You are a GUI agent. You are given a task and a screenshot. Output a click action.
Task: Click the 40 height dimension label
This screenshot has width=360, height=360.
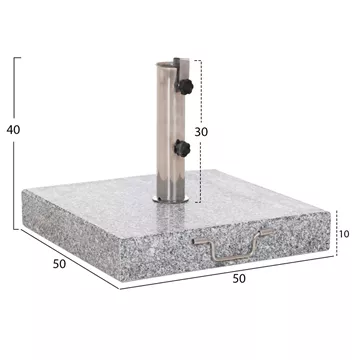[13, 130]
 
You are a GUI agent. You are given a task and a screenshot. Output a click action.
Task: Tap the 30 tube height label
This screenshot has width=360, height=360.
[201, 132]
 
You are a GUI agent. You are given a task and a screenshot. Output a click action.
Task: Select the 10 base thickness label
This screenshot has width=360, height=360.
[344, 234]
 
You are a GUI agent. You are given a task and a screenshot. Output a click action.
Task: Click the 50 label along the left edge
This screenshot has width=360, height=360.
[59, 264]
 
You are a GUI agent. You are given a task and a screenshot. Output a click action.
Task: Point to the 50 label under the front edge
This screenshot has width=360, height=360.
[239, 278]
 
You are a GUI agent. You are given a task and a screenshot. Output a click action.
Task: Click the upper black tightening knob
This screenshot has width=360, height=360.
[185, 87]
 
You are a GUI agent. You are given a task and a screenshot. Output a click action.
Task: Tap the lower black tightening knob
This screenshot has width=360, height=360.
[182, 148]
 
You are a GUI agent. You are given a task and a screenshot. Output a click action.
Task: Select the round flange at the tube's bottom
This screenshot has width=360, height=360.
[171, 199]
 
